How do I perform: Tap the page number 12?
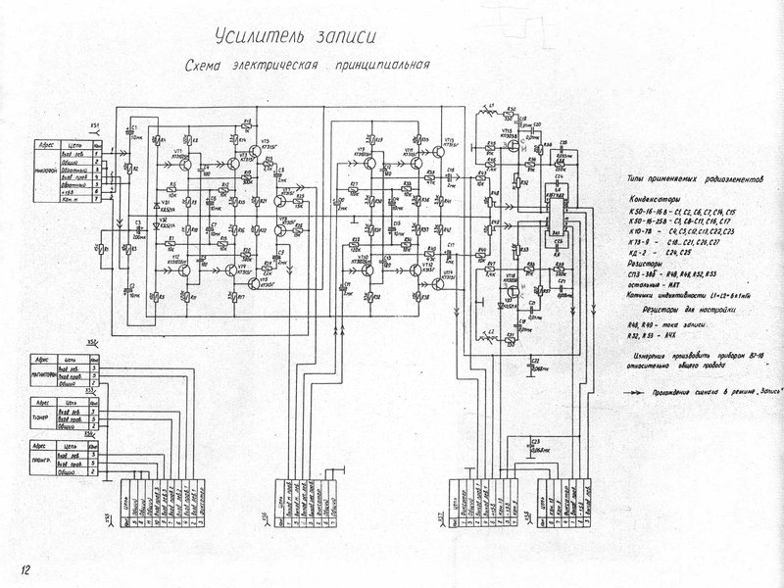tap(23, 568)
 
